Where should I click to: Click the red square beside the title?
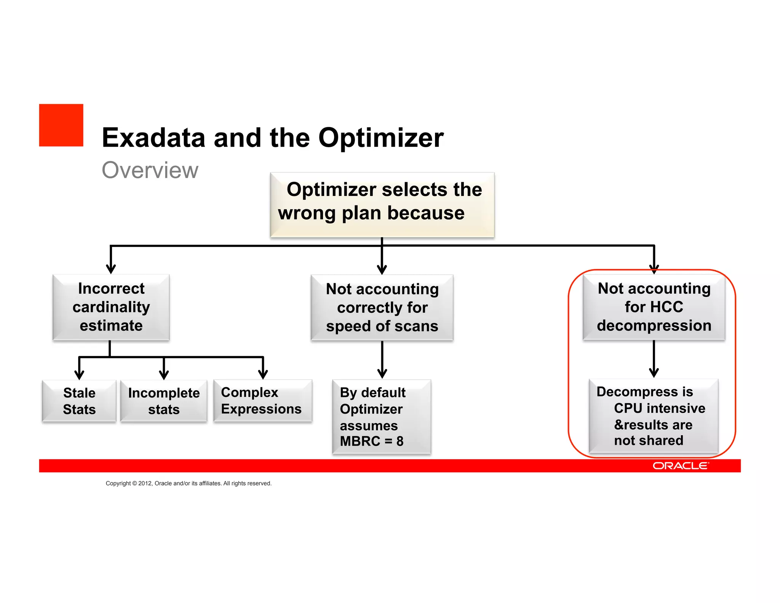61,125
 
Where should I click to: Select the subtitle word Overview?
150,170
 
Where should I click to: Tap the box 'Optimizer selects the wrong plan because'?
382,205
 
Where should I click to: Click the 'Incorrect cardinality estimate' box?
111,307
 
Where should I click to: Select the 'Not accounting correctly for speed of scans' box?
382,307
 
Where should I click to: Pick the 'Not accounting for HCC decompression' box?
654,307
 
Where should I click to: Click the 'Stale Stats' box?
79,401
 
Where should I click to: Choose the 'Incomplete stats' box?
164,401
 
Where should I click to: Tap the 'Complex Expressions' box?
263,401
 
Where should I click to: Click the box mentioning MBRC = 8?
382,417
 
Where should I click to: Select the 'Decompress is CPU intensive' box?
654,416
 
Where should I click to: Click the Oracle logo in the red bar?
681,466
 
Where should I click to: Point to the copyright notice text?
189,483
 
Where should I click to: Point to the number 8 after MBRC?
400,441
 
